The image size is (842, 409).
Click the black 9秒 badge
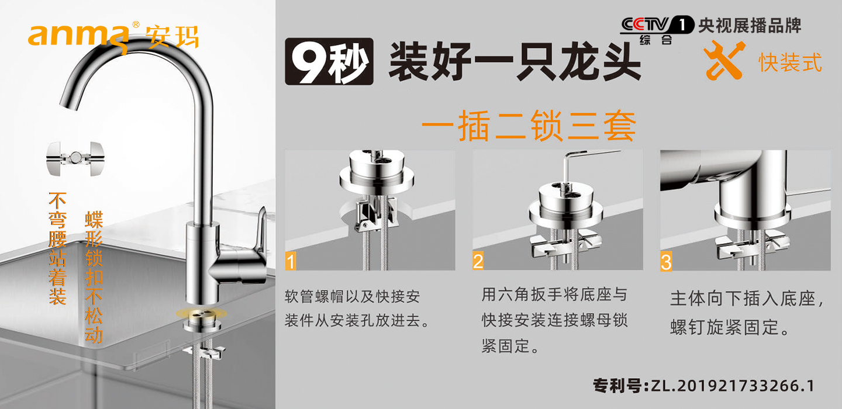(329, 61)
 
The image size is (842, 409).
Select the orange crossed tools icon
(724, 60)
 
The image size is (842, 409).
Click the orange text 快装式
(790, 63)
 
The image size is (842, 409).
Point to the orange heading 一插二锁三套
(529, 126)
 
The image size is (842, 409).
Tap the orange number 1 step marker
(291, 261)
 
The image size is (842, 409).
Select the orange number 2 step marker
(478, 261)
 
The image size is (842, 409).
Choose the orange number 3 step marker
(665, 261)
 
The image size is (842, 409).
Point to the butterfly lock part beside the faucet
(75, 158)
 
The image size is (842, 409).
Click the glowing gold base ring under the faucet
(202, 313)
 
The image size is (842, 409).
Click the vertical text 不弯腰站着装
(57, 248)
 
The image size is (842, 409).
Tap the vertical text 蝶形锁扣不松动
(94, 277)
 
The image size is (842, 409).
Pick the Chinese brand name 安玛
(172, 36)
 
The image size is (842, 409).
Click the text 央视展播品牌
(750, 26)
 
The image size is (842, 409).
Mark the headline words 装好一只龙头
(515, 61)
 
